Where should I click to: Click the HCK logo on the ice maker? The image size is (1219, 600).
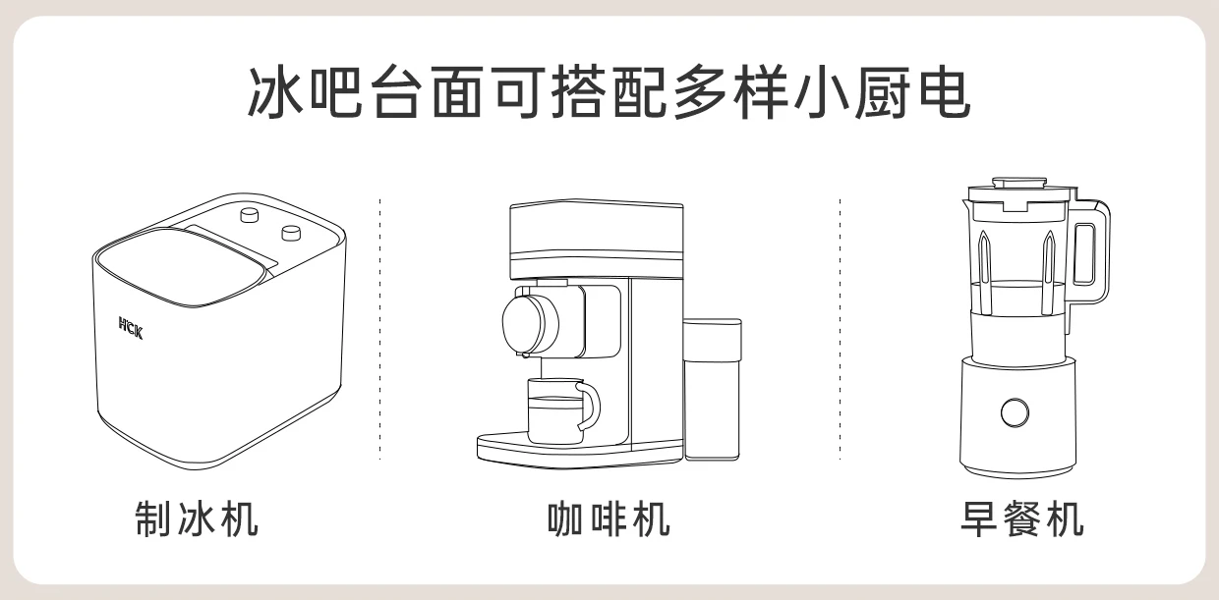131,328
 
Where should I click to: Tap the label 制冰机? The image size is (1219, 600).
197,519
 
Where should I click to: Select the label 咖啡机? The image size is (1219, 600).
609,519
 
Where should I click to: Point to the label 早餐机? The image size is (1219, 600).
1022,519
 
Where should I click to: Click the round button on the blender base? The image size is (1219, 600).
1015,412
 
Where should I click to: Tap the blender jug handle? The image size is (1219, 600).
1091,253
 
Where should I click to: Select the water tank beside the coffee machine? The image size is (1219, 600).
712,389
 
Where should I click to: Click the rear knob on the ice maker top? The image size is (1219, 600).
250,214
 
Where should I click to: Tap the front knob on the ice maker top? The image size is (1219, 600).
291,233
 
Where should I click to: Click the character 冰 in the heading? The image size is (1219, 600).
275,92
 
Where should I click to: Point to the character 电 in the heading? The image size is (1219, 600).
945,92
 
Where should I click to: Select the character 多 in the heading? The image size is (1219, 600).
700,92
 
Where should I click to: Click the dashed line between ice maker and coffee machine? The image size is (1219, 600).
379,329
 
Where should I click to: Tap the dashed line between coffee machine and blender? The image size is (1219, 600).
840,329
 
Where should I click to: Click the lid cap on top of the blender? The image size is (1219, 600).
1019,182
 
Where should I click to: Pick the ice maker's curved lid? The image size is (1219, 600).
185,267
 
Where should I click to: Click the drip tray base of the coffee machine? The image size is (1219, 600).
580,450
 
